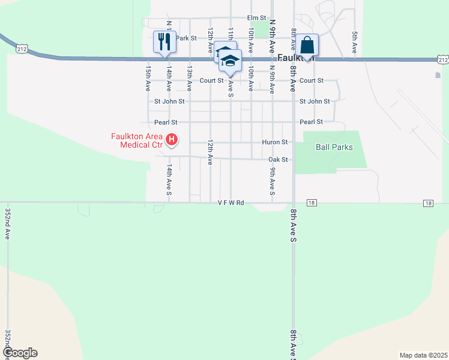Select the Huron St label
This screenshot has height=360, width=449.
click(x=276, y=142)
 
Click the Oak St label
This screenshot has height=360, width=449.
click(x=279, y=160)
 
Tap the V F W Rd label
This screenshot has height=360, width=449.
click(x=231, y=203)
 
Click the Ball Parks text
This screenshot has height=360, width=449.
click(x=334, y=147)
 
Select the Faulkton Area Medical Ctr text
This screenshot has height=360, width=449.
click(x=137, y=140)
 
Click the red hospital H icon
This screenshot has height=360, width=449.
click(x=172, y=140)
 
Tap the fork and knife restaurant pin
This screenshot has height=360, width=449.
click(x=164, y=42)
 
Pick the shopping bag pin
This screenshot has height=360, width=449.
click(x=307, y=45)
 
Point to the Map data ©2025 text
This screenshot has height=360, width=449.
click(x=423, y=355)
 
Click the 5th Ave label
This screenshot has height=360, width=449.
click(x=355, y=42)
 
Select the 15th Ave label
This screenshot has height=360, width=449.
click(x=148, y=79)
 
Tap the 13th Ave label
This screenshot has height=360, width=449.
click(x=189, y=79)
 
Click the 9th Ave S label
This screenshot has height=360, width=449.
click(x=272, y=181)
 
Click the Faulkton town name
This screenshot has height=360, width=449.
click(x=296, y=58)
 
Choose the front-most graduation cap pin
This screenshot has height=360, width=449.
click(x=230, y=61)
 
